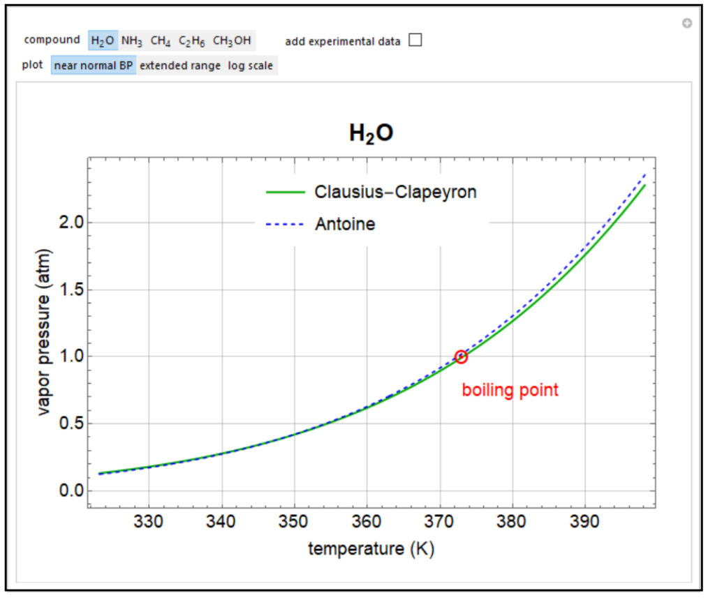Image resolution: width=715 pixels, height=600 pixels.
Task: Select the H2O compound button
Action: tap(103, 40)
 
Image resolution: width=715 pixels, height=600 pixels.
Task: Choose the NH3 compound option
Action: tap(132, 40)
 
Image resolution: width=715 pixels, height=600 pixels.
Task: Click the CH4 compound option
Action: tap(161, 40)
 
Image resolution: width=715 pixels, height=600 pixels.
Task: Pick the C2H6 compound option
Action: tap(191, 40)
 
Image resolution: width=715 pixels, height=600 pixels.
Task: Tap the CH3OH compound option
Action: tap(232, 40)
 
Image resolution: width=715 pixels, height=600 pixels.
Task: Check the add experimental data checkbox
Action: tap(415, 40)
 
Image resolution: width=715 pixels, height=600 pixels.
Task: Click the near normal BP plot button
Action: tap(93, 66)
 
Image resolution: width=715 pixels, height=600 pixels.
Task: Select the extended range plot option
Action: tap(180, 66)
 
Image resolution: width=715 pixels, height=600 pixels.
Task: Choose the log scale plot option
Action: tap(251, 66)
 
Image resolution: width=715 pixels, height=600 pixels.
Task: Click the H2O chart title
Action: tap(371, 133)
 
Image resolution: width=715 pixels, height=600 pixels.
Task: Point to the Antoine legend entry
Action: tap(344, 224)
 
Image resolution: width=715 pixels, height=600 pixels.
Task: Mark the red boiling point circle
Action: tap(461, 357)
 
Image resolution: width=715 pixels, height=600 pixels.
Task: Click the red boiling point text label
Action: tap(510, 390)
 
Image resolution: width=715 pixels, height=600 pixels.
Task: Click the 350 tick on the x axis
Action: tap(294, 521)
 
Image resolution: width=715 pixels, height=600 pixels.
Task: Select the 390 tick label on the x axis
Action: tap(584, 521)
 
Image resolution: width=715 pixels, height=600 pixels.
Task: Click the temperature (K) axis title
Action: tap(371, 549)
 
